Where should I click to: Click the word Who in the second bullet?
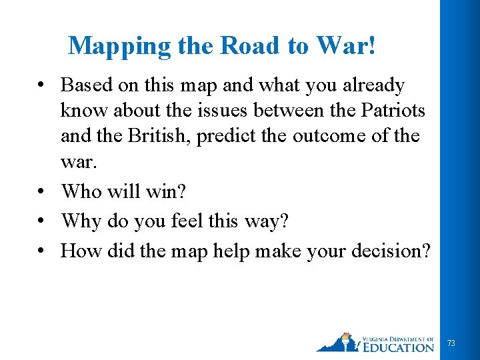[81, 192]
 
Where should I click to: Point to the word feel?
[197, 221]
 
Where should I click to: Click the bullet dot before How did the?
[42, 251]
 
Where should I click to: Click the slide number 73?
[451, 343]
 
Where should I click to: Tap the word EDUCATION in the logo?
[399, 347]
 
